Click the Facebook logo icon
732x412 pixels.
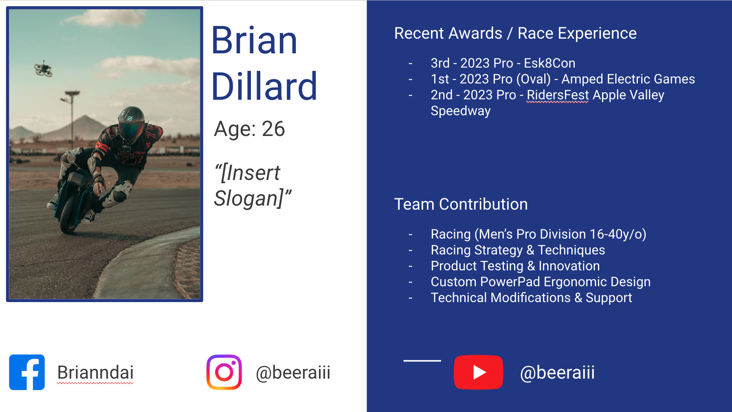pos(27,372)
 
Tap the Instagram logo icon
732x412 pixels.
pos(224,372)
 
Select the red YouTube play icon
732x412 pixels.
pos(478,372)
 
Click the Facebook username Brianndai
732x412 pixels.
pos(95,373)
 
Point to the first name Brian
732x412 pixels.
pos(255,40)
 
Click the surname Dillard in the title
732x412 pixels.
pos(264,86)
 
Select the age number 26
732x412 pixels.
pos(273,129)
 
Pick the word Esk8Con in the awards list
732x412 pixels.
pos(550,63)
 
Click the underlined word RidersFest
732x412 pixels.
pos(558,95)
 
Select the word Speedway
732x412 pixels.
pos(461,111)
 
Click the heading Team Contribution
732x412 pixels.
pos(461,204)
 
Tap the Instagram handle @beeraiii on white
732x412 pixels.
pos(293,373)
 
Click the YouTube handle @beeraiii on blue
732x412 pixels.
pos(557,373)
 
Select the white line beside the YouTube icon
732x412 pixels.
pos(422,361)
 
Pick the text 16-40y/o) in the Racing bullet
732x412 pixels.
pos(618,234)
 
